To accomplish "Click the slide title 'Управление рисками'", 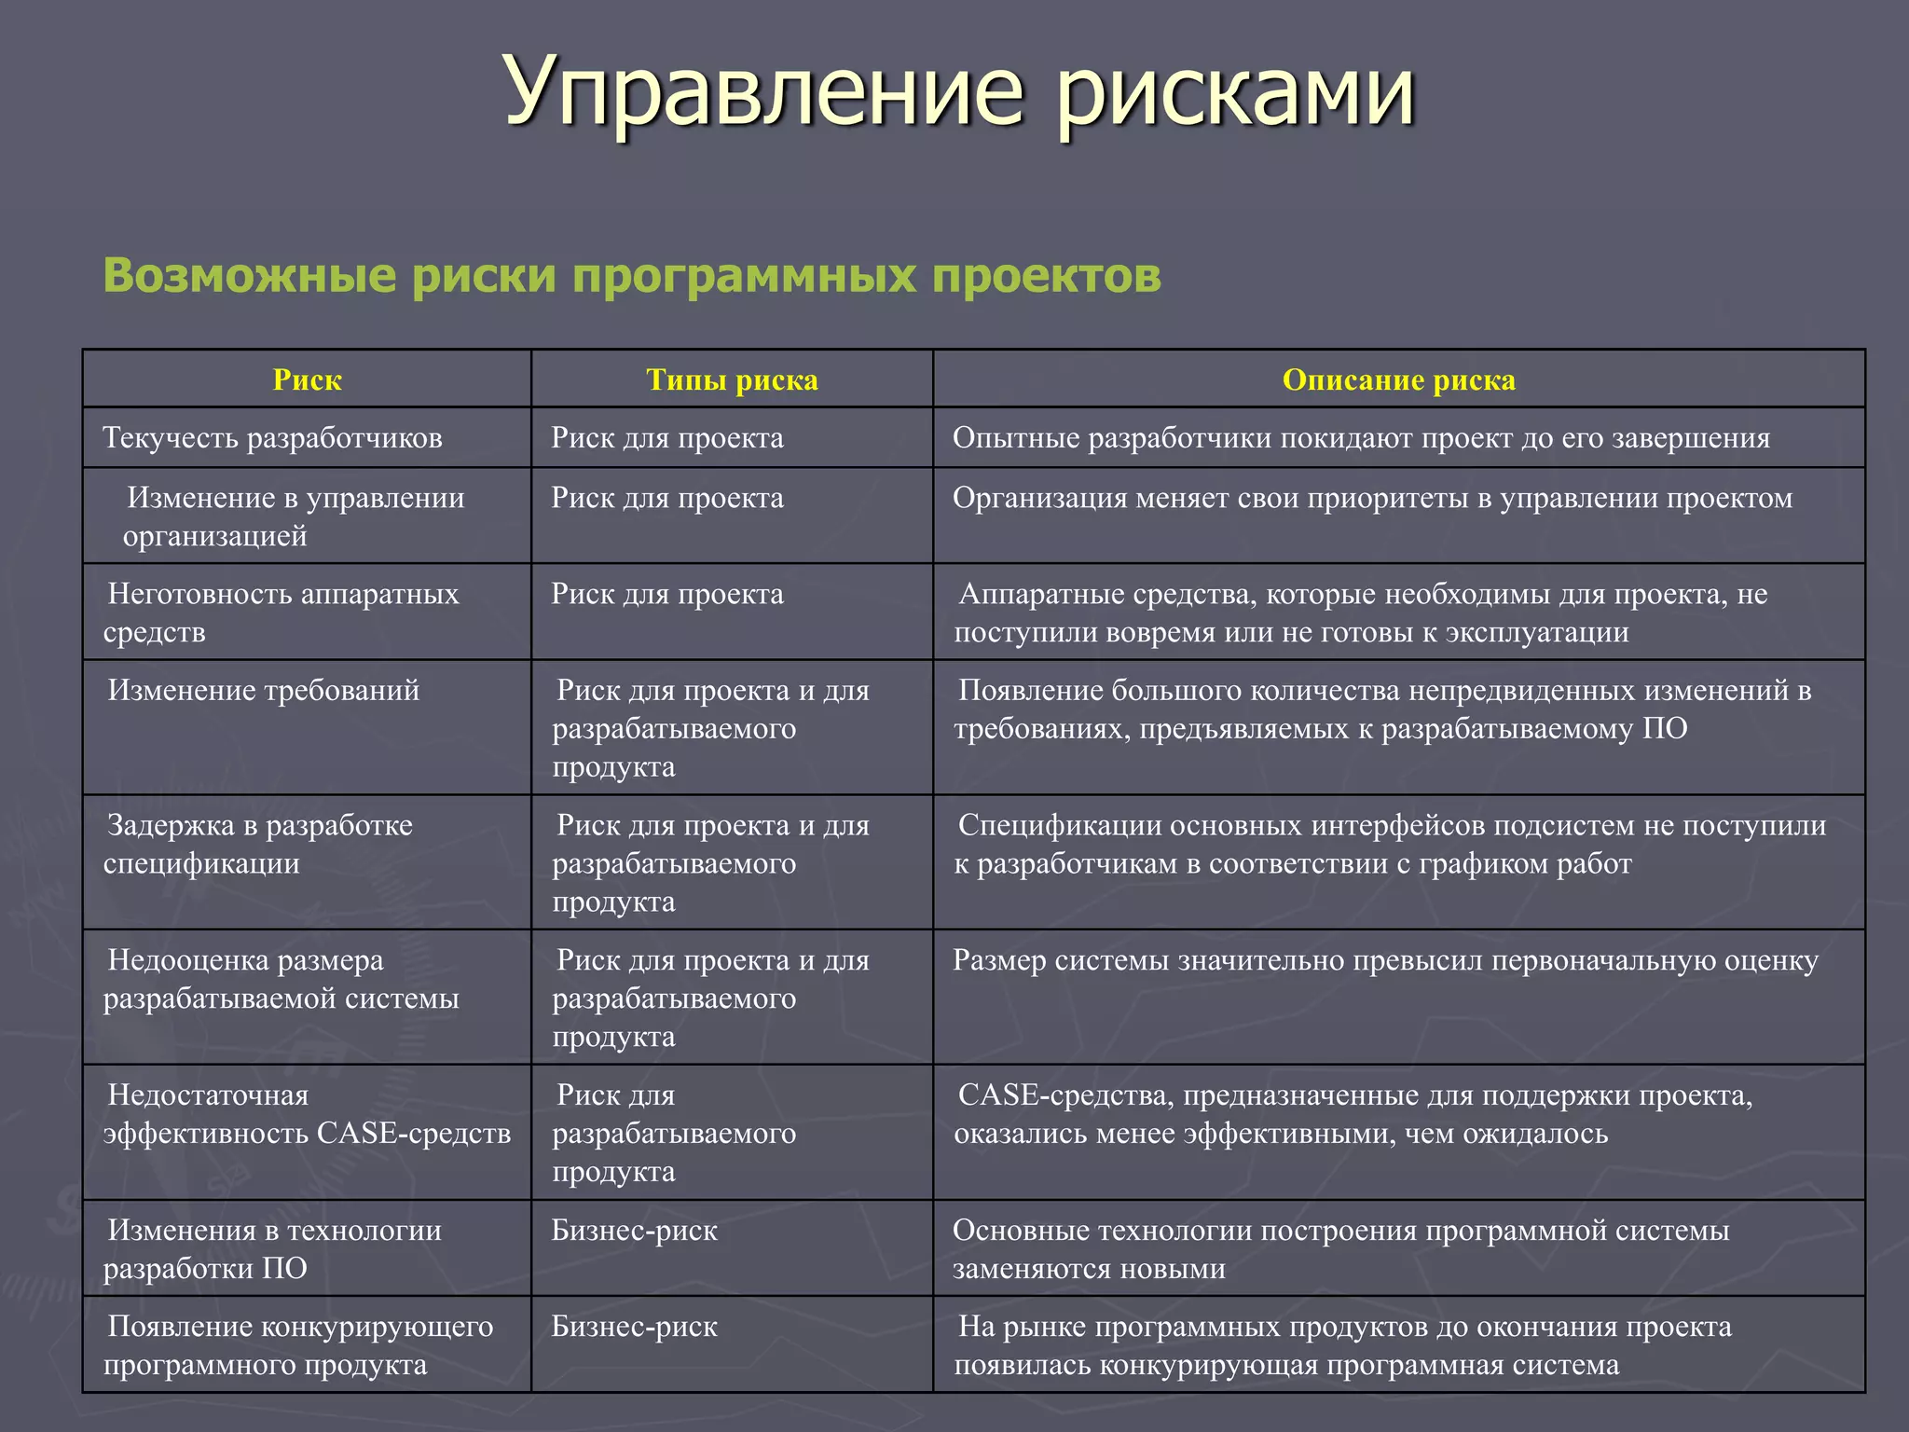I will point(960,91).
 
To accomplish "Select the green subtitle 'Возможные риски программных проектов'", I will point(632,276).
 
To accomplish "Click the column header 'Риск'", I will point(307,380).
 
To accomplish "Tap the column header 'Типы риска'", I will point(732,380).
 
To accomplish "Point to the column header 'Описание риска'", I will point(1398,380).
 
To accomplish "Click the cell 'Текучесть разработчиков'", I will point(272,438).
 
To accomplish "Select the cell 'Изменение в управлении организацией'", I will point(294,516).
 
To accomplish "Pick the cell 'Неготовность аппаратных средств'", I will point(282,613).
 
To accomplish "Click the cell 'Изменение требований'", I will point(263,691).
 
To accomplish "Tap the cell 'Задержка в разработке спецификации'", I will point(258,844).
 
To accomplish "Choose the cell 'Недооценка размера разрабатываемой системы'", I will point(281,979).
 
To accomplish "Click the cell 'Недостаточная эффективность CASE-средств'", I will point(307,1114).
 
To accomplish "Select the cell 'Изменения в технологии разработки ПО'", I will point(273,1249).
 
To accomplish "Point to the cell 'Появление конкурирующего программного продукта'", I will point(298,1345).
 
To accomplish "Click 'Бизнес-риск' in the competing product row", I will point(634,1327).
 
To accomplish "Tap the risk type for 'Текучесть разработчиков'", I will point(666,438).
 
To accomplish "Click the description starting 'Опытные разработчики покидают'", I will point(1361,438).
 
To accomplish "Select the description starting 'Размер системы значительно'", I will point(1385,961).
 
